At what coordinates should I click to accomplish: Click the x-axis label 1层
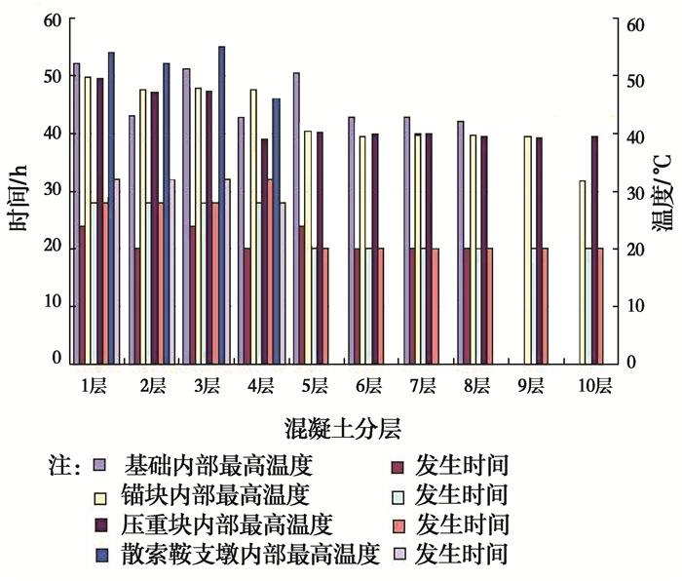[93, 387]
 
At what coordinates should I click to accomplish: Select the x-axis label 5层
[313, 387]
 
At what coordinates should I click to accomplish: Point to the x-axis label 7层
[423, 387]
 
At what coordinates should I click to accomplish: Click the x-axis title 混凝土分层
[339, 427]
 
